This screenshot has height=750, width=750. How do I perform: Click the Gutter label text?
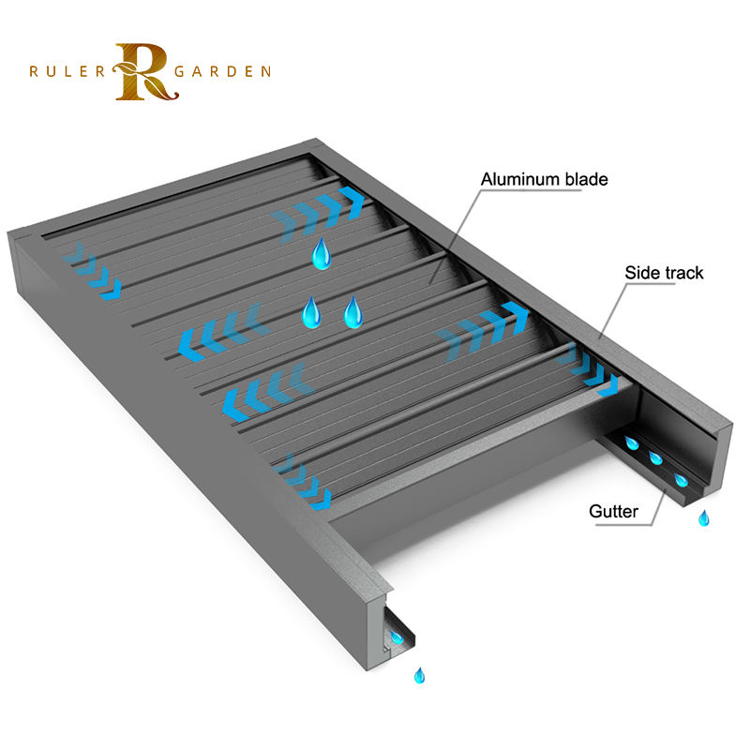[613, 512]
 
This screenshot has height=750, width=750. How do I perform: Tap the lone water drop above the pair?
[322, 253]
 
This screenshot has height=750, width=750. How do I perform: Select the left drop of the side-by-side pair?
[312, 312]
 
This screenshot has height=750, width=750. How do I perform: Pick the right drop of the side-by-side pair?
[352, 312]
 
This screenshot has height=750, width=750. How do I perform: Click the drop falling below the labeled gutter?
[703, 517]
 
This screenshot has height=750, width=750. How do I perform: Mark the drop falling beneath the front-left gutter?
[419, 674]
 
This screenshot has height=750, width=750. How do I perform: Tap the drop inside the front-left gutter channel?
[397, 638]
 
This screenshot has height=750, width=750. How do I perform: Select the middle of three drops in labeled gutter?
[656, 459]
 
